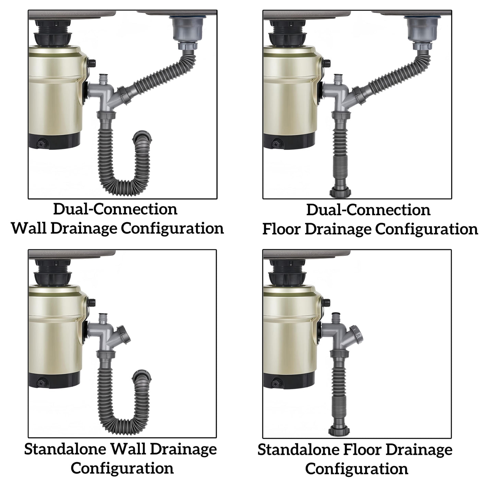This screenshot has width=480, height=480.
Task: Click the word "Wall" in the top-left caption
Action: click(x=29, y=228)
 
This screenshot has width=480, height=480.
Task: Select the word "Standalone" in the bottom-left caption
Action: click(x=65, y=449)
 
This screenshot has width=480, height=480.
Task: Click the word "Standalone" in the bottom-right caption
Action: click(x=298, y=450)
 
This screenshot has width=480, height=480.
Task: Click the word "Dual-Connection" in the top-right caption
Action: click(x=368, y=209)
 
